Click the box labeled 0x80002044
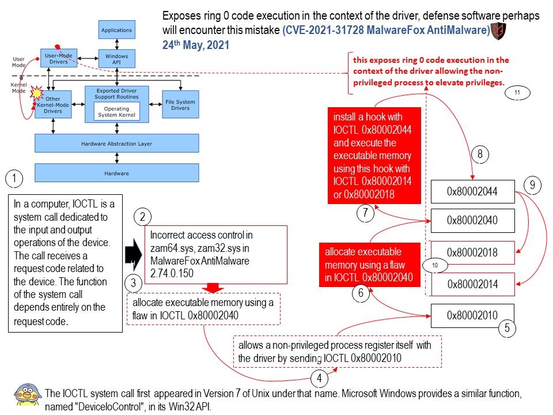pos(472,191)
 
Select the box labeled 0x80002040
pos(472,220)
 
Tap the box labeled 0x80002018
pos(472,252)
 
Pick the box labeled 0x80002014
pos(472,284)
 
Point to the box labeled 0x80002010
pos(472,315)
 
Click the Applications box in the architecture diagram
pos(116,30)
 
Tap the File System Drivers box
pos(180,104)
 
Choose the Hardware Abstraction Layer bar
pos(116,144)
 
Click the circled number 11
pos(517,92)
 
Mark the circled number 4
pos(319,379)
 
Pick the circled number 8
pos(480,154)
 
